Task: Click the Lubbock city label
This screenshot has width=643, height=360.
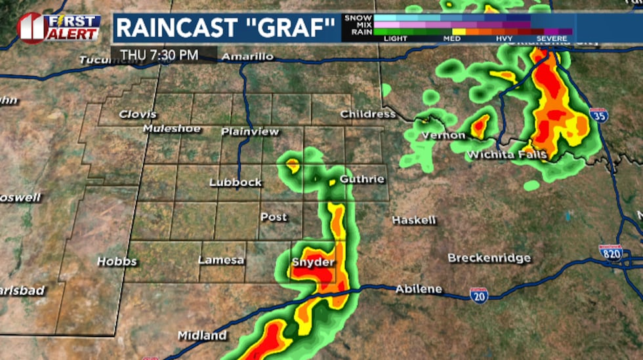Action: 236,182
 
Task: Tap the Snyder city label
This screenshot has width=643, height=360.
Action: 313,262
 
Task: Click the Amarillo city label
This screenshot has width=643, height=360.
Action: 247,57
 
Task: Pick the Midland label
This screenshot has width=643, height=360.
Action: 202,336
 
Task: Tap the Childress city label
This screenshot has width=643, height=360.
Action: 368,114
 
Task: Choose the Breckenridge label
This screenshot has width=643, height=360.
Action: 489,258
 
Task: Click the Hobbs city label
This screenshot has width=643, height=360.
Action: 117,261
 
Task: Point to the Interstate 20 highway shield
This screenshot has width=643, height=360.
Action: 478,295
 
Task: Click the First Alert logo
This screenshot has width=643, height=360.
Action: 59,28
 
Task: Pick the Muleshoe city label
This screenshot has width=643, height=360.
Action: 172,129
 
